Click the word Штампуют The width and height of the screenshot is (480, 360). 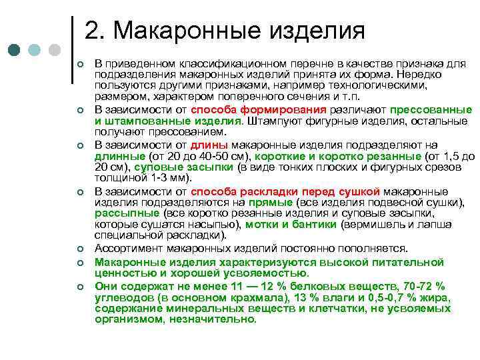(x=273, y=121)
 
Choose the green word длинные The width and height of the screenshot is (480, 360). (x=117, y=156)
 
